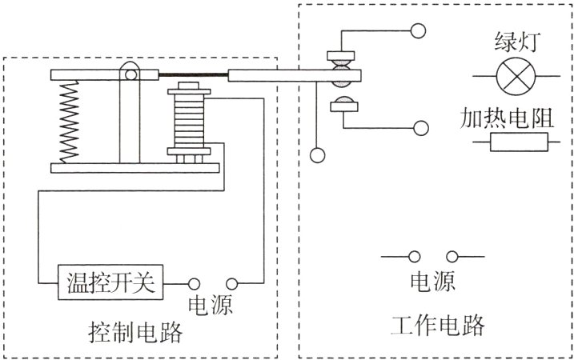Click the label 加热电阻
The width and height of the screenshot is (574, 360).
[508, 117]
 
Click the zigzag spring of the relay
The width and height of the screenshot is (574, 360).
[70, 121]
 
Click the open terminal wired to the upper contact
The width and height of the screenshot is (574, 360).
[418, 31]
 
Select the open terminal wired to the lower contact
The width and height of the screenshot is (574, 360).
[418, 126]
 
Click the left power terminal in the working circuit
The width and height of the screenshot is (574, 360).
[415, 257]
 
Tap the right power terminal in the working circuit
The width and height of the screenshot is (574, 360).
[452, 257]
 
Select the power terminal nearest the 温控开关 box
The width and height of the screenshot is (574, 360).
[194, 283]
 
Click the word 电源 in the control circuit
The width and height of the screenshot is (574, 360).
[210, 306]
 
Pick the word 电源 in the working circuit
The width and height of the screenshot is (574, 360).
[433, 282]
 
